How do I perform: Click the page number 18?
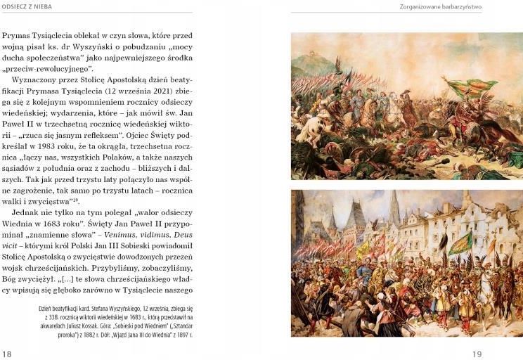click(8, 353)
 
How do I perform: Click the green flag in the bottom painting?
click(460, 243)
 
